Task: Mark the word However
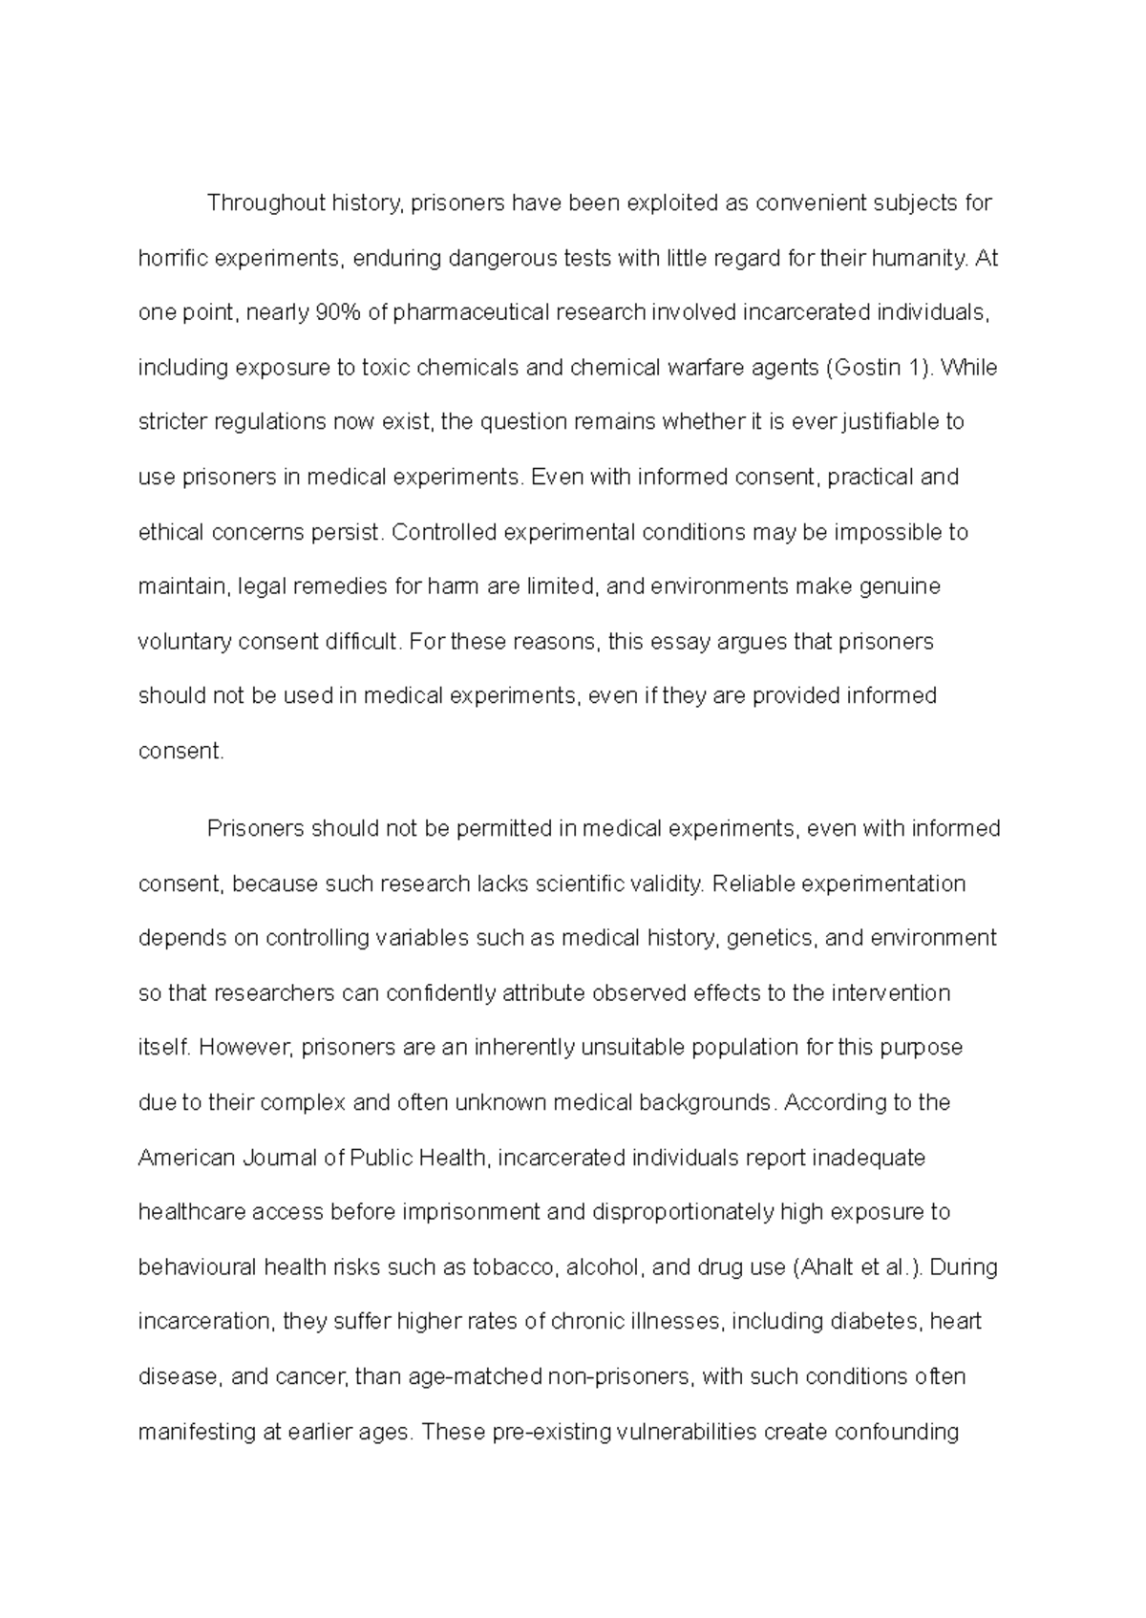pos(246,1048)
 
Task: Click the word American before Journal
pos(186,1159)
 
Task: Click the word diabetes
pos(875,1323)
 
